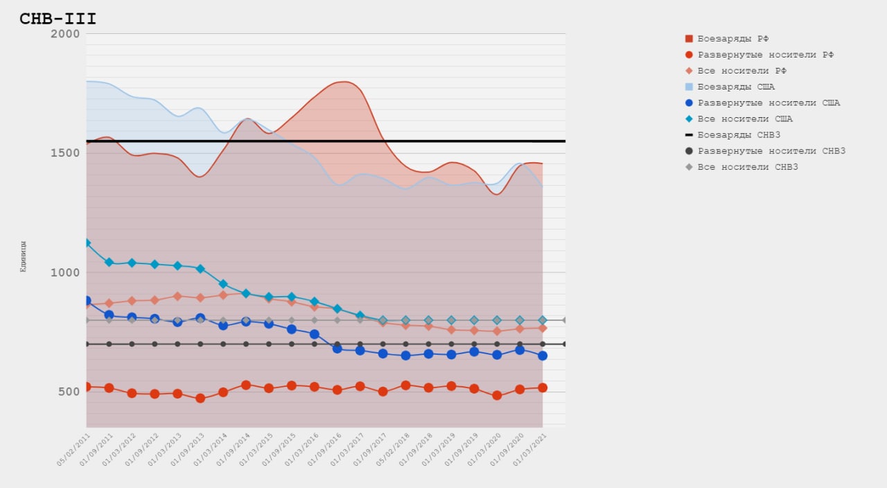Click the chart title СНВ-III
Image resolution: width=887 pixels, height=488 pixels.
click(58, 19)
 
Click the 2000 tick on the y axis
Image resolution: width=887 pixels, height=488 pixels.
click(66, 34)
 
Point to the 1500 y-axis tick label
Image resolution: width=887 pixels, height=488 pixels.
click(66, 153)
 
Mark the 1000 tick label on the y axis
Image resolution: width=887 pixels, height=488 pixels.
click(66, 272)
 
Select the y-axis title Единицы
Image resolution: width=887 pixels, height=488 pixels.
click(23, 256)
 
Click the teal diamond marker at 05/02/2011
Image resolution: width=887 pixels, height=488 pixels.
click(87, 243)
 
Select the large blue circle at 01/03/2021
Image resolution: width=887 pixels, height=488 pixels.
click(543, 356)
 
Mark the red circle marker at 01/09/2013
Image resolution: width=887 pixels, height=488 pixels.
click(200, 399)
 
